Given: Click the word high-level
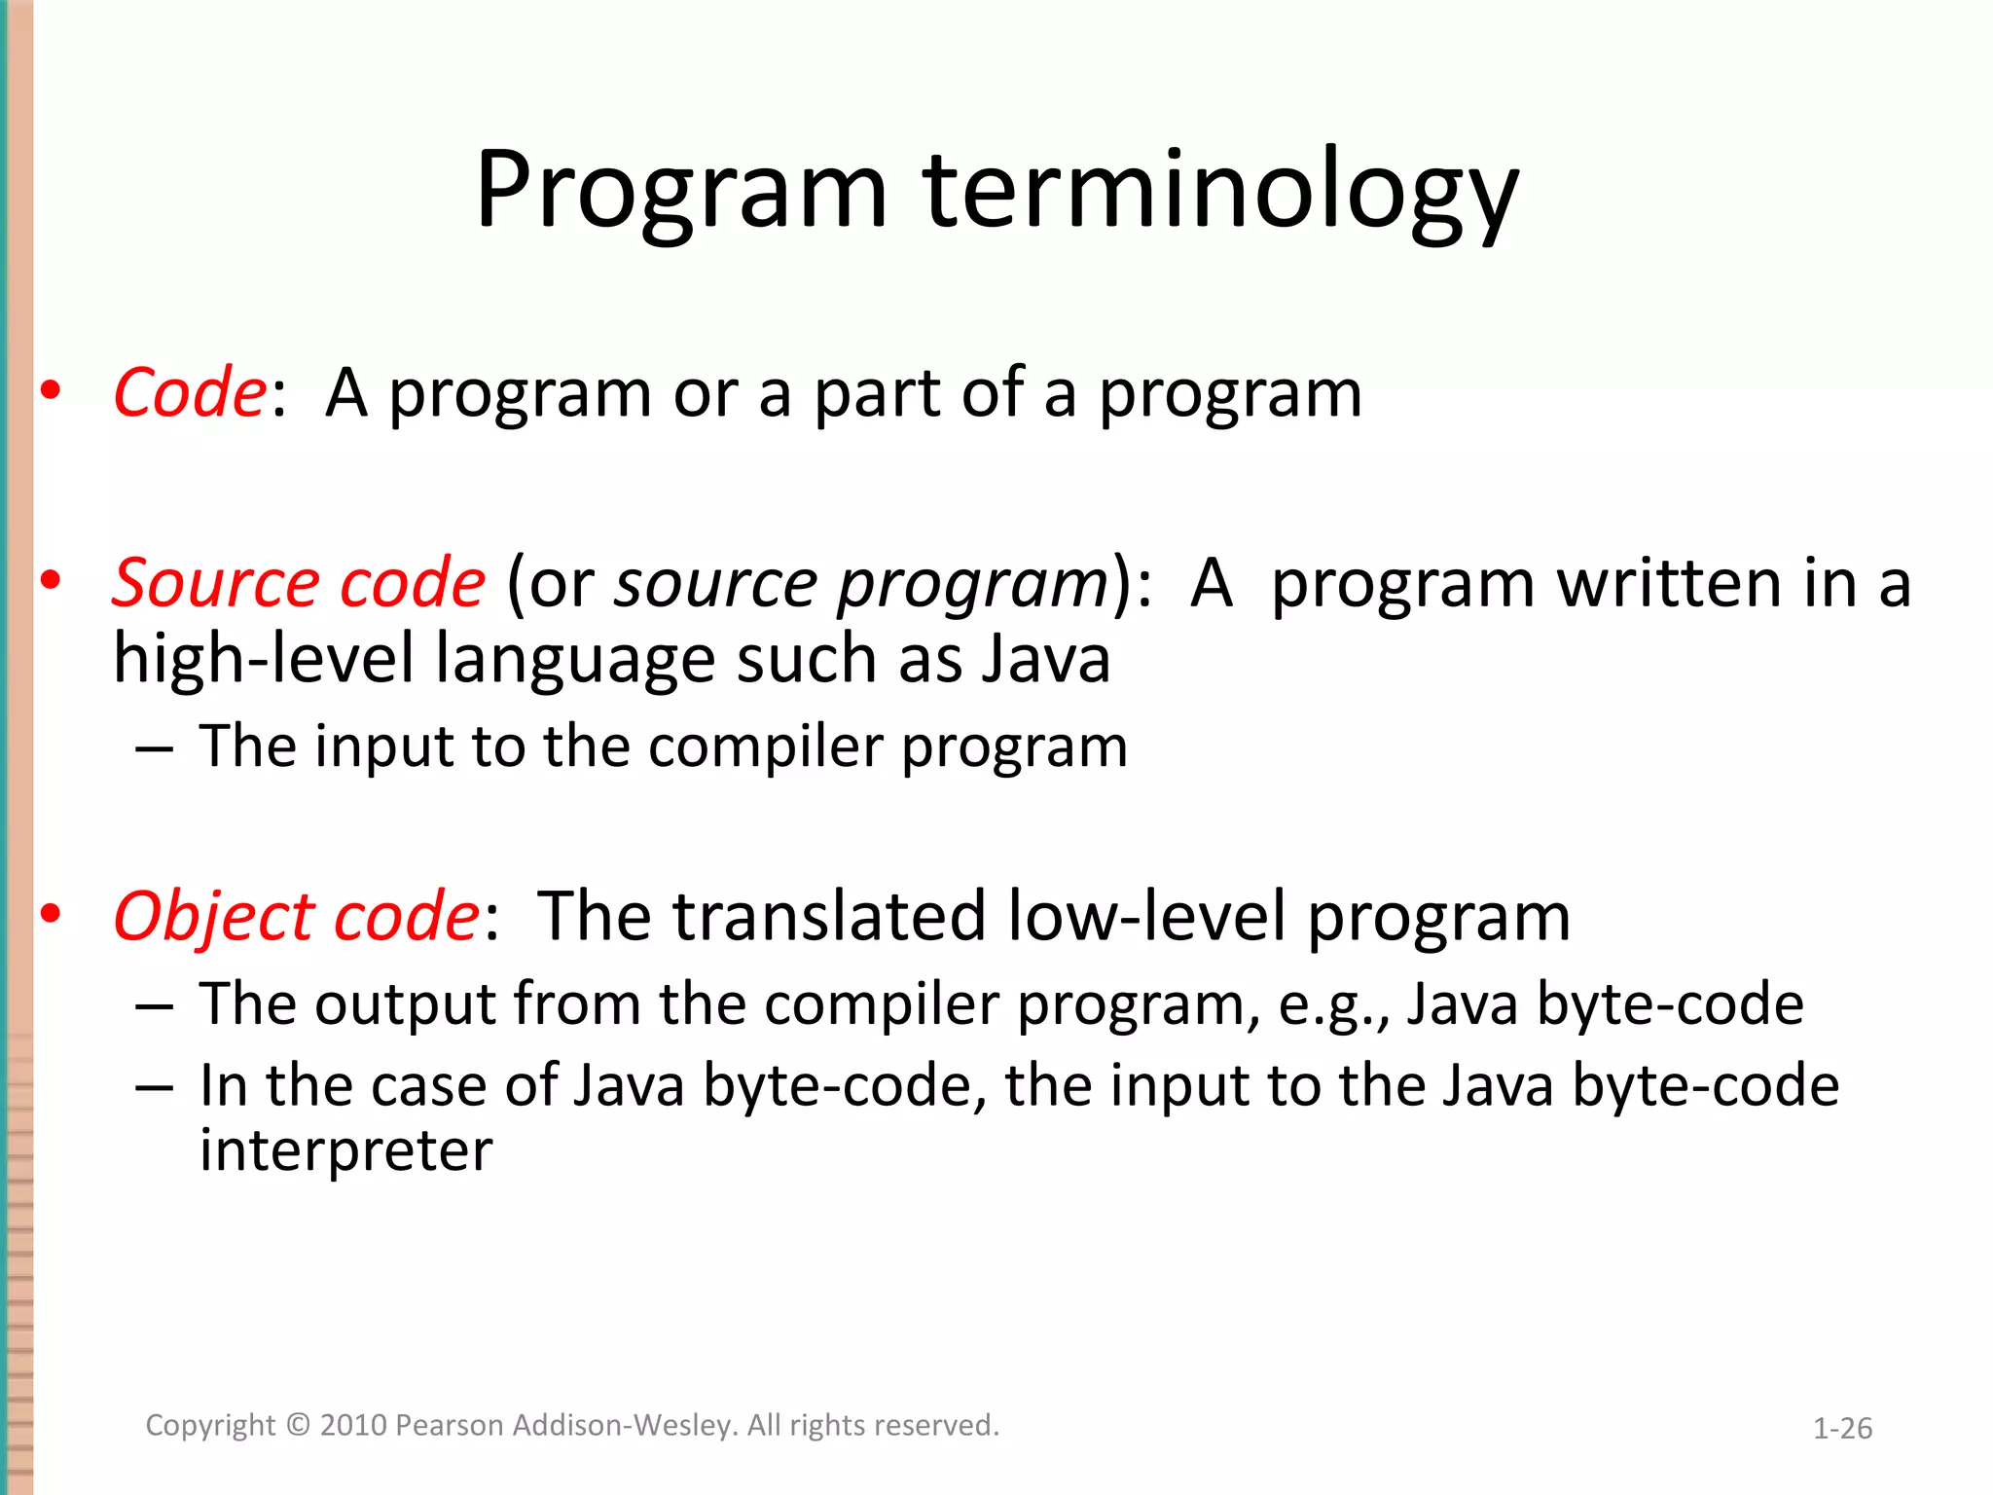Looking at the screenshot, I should point(264,659).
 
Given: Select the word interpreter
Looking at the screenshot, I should point(345,1151).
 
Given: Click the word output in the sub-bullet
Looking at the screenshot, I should point(406,1004).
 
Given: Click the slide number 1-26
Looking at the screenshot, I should point(1842,1428).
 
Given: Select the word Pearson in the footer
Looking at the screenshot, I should point(450,1425).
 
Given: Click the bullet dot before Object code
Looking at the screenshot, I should point(52,914).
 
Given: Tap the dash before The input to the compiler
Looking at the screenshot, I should point(155,749).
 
